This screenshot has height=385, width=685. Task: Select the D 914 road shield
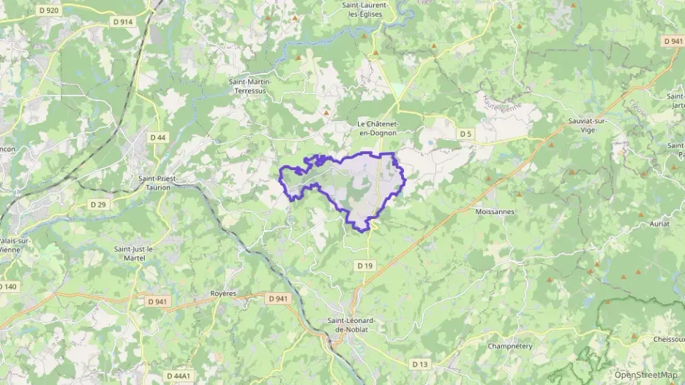tap(123, 22)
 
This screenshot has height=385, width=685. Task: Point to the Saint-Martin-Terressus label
tap(250, 86)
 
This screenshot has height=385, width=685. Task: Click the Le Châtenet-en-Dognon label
tap(377, 128)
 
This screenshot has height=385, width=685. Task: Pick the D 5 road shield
tap(465, 134)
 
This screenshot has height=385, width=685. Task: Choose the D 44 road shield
tap(157, 137)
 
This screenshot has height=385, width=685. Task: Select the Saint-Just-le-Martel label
tap(133, 254)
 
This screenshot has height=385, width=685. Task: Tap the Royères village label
tap(224, 293)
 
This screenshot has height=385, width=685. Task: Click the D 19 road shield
tap(365, 264)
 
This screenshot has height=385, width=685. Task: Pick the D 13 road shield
tap(419, 364)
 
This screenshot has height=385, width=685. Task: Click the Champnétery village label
tap(509, 346)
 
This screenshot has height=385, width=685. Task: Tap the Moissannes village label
tap(494, 211)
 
